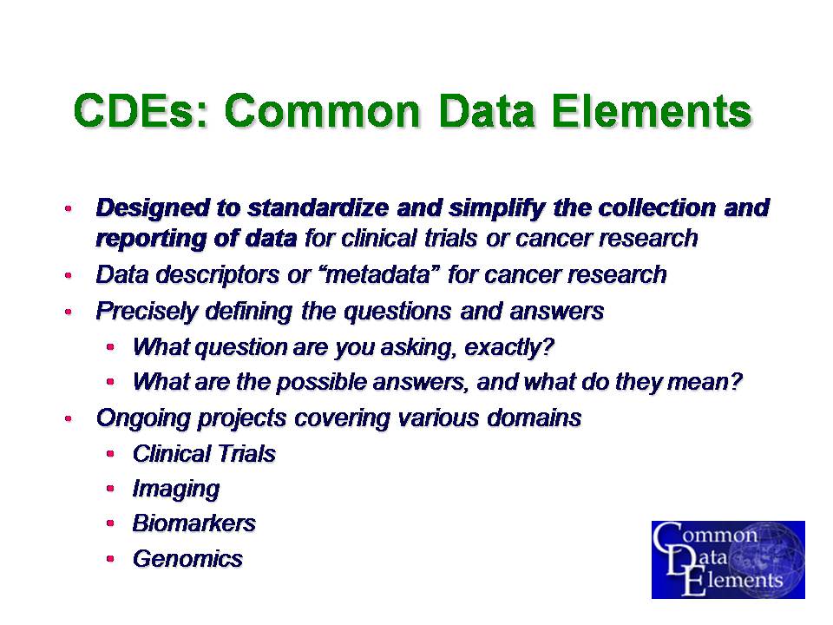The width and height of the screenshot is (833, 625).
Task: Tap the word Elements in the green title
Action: pyautogui.click(x=652, y=110)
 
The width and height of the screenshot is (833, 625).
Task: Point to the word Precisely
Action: pyautogui.click(x=146, y=312)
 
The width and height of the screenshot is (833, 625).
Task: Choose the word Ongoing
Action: pyautogui.click(x=143, y=418)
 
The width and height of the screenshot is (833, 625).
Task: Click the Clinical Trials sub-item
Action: pyautogui.click(x=204, y=454)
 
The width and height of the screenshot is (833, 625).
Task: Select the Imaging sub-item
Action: pyautogui.click(x=176, y=490)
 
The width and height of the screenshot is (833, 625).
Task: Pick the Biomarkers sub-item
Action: pyautogui.click(x=193, y=523)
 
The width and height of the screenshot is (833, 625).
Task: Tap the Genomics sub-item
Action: pyautogui.click(x=187, y=559)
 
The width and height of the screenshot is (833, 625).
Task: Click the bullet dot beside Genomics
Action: pyautogui.click(x=110, y=559)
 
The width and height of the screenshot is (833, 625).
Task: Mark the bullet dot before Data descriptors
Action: pyautogui.click(x=68, y=276)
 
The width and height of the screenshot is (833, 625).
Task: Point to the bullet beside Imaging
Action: pyautogui.click(x=110, y=489)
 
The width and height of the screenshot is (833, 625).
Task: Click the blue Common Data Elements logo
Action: pyautogui.click(x=728, y=560)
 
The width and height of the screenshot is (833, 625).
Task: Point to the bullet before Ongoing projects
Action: pyautogui.click(x=68, y=418)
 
